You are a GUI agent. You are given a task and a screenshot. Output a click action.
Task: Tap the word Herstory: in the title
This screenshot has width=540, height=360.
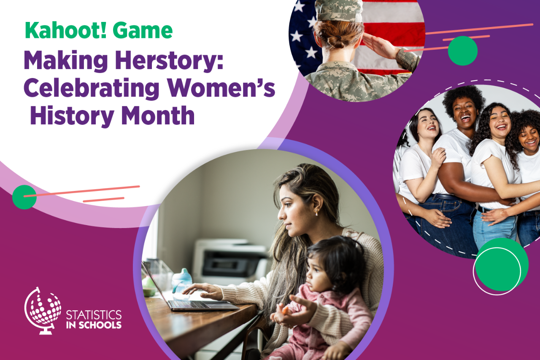click(x=169, y=61)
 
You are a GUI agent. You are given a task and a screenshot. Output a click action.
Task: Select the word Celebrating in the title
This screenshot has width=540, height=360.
click(x=92, y=88)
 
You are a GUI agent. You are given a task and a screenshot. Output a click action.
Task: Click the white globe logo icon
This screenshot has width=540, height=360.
click(x=43, y=311)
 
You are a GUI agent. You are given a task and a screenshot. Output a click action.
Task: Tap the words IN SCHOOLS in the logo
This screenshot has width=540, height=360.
click(x=94, y=325)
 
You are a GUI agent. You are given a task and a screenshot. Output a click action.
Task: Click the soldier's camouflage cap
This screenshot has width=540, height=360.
click(x=339, y=11)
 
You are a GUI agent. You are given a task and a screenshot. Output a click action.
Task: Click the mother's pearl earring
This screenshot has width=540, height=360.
click(x=316, y=212)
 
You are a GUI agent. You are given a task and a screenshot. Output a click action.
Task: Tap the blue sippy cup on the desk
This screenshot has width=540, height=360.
click(x=182, y=281)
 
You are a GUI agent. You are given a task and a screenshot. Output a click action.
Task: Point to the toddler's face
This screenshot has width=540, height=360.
click(x=318, y=275)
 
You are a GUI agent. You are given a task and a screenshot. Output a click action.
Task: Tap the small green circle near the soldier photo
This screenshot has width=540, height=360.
click(x=463, y=51)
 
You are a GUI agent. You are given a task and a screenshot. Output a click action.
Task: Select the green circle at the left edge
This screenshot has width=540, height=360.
click(x=24, y=197)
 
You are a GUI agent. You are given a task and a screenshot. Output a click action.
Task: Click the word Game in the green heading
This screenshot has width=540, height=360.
click(x=143, y=30)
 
